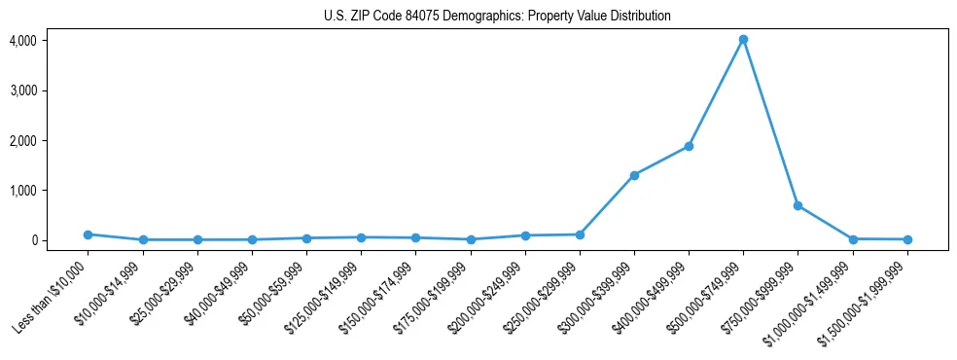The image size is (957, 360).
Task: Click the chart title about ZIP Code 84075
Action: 497,17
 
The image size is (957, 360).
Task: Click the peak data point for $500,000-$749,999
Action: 743,40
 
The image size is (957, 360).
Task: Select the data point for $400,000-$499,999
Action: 689,146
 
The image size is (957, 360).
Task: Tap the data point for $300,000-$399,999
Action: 634,175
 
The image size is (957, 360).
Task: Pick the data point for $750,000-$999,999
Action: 797,205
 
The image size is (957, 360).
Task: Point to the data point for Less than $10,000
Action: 88,234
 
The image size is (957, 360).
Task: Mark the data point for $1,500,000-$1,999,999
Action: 907,239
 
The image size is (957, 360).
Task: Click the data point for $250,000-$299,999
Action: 580,234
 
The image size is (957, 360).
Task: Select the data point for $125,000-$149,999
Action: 361,237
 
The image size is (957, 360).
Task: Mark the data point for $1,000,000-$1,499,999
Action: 853,239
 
